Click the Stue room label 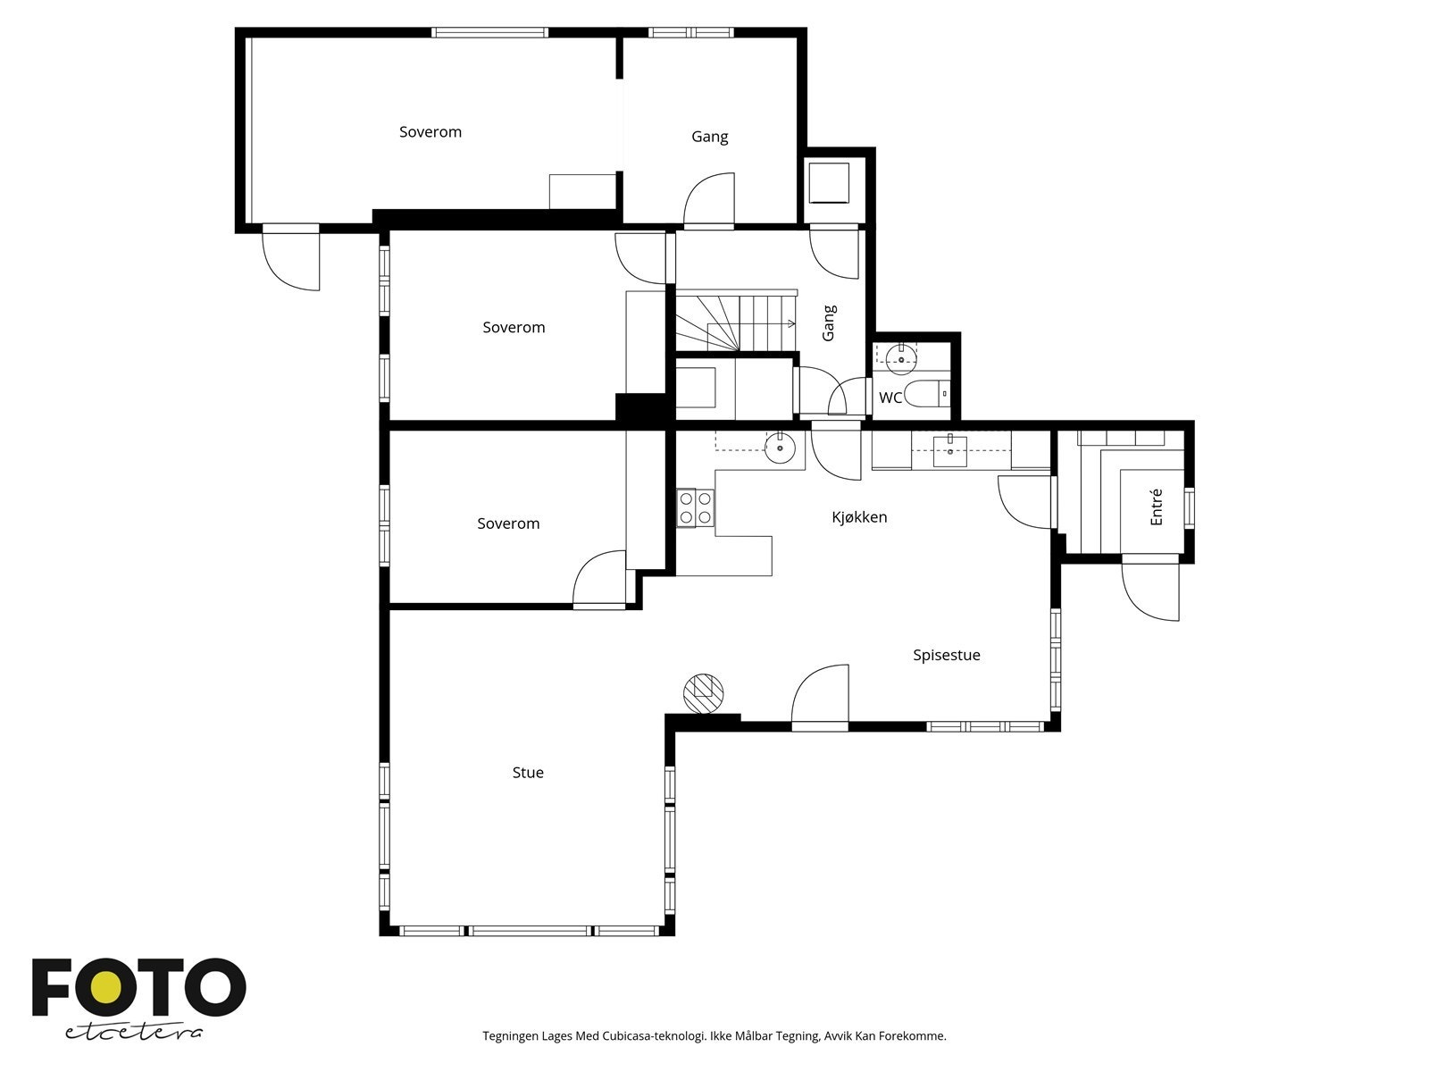[528, 773]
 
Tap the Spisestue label [946, 655]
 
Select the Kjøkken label [859, 517]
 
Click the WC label [890, 398]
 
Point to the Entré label [1157, 507]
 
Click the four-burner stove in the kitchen [696, 507]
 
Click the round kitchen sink [781, 448]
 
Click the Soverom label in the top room [430, 132]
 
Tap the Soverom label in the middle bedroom [514, 328]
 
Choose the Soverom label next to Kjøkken [508, 524]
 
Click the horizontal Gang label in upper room [710, 137]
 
